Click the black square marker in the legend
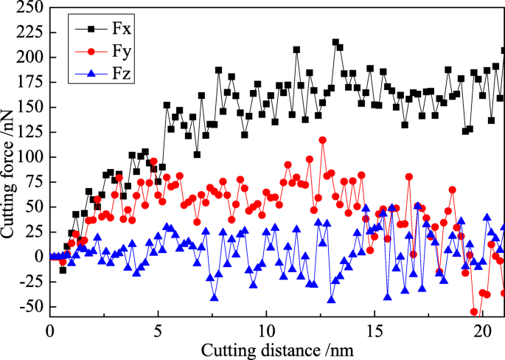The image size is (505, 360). click(91, 29)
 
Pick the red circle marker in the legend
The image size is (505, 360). click(91, 52)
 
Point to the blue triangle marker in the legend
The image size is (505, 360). click(91, 74)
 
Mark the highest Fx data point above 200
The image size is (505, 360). click(335, 42)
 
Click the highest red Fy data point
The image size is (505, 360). click(322, 140)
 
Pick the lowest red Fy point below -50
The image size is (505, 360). click(474, 312)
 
